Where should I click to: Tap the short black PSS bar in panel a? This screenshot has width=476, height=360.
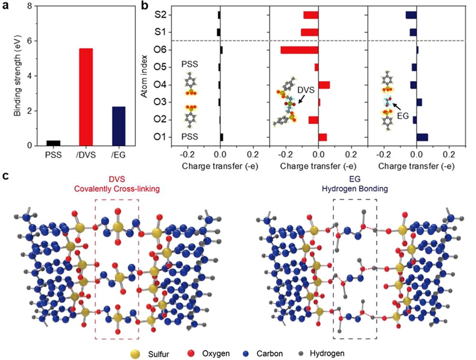(x=53, y=143)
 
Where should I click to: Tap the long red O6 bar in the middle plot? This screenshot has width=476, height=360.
(x=299, y=50)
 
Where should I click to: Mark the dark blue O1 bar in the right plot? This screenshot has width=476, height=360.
(x=422, y=137)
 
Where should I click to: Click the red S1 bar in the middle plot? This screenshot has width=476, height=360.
(x=310, y=32)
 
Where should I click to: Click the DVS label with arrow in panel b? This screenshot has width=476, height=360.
(x=305, y=90)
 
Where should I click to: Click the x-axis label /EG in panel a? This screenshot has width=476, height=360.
(x=118, y=155)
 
